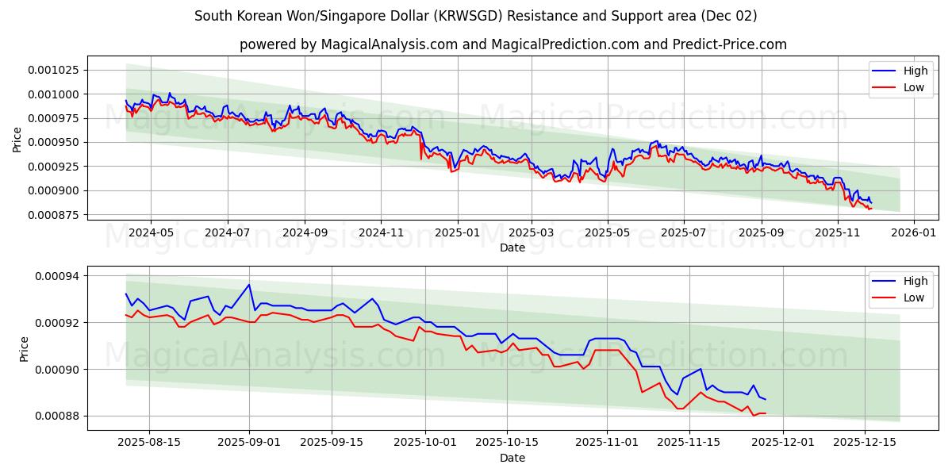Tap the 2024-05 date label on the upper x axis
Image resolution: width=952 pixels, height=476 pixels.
click(150, 232)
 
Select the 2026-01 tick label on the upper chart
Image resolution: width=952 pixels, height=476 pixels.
click(914, 232)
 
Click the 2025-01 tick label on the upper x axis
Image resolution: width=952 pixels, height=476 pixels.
click(457, 232)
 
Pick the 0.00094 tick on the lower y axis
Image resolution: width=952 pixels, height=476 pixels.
click(59, 276)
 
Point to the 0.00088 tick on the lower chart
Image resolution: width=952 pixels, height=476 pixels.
click(59, 416)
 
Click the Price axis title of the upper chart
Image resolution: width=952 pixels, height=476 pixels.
click(17, 139)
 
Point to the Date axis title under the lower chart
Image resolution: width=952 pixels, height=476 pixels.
click(512, 458)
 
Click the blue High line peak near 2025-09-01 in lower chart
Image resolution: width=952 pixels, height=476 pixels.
click(249, 285)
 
